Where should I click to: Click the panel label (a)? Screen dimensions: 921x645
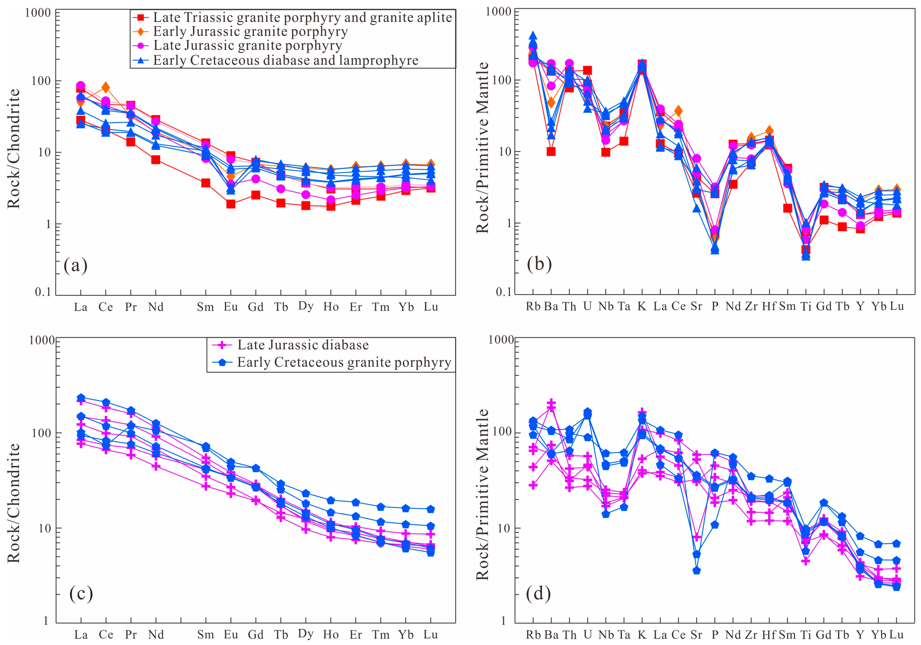point(75,265)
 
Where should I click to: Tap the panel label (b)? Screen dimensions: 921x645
point(539,264)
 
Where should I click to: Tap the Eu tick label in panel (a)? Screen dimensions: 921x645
point(231,307)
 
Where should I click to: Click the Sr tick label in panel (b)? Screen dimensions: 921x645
point(696,306)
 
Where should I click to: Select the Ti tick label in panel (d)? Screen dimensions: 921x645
point(806,635)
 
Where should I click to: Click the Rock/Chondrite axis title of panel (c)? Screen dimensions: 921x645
point(13,503)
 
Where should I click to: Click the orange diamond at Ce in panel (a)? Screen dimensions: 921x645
point(106,87)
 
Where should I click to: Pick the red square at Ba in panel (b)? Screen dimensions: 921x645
point(551,151)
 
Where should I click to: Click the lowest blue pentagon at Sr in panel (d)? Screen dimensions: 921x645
point(696,570)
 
